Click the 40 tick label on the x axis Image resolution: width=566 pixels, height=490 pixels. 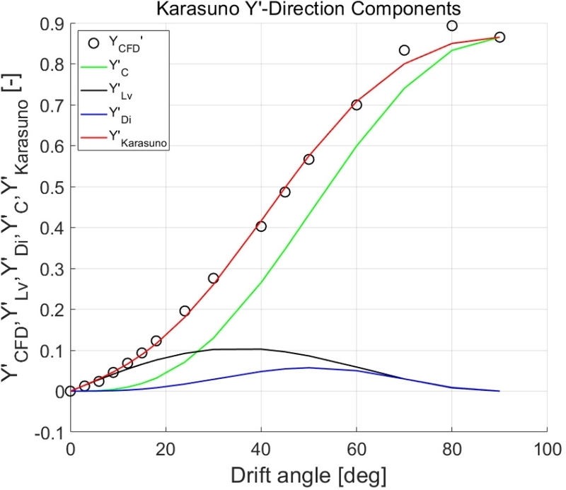[261, 448]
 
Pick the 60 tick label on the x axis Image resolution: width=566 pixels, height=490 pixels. [357, 448]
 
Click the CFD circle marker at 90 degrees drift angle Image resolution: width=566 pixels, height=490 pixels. [499, 37]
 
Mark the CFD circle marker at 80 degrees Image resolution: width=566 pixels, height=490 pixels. [452, 25]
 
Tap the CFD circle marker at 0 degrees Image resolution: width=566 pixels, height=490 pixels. [70, 391]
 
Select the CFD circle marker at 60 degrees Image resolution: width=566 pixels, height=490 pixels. [357, 105]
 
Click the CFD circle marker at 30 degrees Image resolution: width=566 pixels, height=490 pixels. [213, 278]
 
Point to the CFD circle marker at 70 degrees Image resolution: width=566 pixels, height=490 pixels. [404, 50]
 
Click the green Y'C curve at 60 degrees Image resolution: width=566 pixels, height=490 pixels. [357, 146]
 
